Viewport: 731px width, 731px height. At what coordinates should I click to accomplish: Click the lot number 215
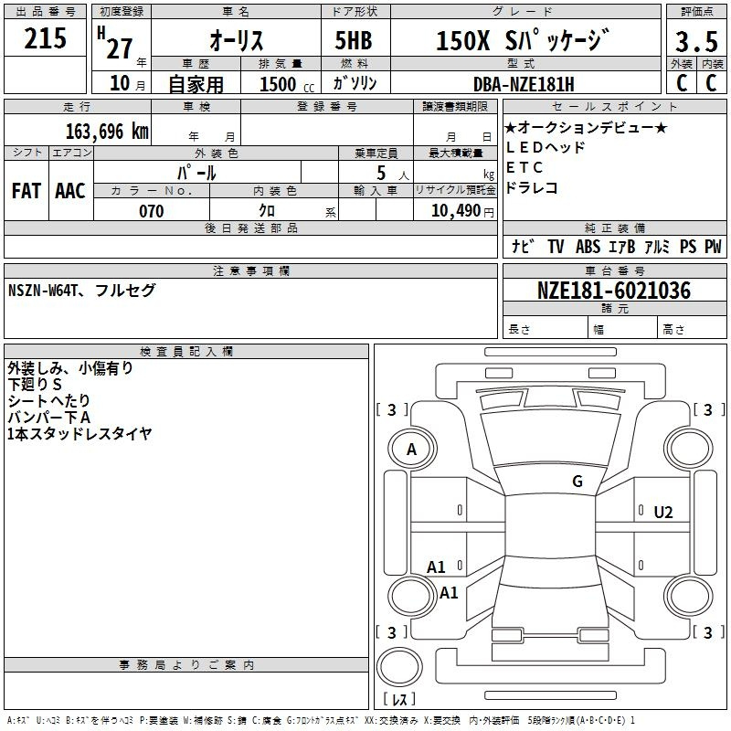46,39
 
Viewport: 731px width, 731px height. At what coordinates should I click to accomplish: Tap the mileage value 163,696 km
108,131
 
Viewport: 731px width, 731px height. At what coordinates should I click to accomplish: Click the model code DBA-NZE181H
524,84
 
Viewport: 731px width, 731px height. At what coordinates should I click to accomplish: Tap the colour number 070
151,211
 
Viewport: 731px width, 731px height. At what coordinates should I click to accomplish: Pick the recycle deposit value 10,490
450,211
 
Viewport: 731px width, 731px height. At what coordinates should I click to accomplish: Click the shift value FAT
26,191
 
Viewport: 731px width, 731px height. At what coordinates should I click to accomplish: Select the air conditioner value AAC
70,191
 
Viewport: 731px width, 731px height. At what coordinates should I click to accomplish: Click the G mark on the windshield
577,482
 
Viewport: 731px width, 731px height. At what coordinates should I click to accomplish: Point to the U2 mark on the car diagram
663,512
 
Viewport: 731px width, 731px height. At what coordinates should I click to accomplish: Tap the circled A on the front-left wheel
411,449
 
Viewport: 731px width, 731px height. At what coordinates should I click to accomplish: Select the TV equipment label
556,247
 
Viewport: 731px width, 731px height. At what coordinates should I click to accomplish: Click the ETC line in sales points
524,167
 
